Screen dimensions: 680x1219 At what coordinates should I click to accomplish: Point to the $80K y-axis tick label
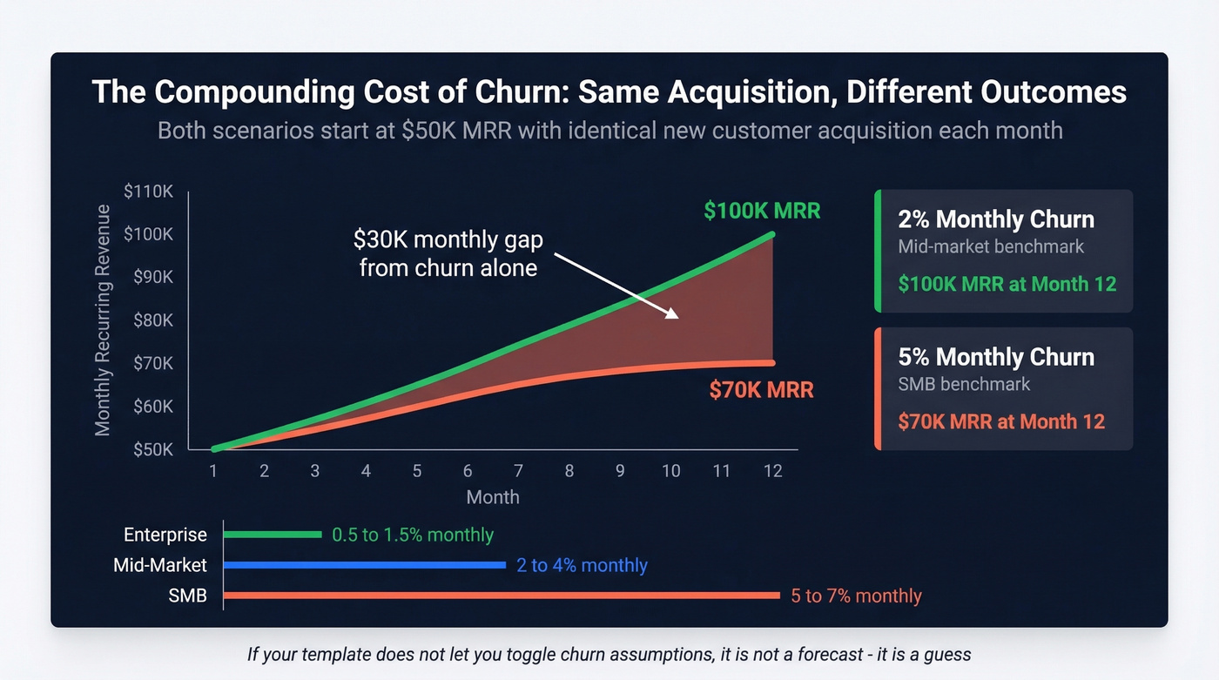click(x=153, y=320)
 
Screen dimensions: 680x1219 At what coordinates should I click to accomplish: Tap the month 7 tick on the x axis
click(x=518, y=471)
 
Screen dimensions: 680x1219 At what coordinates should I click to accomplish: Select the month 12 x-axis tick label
click(x=772, y=471)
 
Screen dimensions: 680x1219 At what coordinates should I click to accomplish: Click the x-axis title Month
click(x=493, y=497)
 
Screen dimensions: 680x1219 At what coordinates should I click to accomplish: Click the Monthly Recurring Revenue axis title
click(x=104, y=320)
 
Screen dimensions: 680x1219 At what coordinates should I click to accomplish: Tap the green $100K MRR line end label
click(x=762, y=211)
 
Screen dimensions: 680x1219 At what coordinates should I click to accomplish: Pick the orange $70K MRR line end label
click(x=761, y=390)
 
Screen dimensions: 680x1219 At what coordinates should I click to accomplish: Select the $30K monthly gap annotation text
click(x=448, y=253)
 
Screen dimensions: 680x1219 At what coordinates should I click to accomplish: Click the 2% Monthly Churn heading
click(x=996, y=219)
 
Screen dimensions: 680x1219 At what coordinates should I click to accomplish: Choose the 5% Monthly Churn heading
click(x=996, y=357)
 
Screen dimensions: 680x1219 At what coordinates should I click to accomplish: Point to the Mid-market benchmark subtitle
click(x=991, y=246)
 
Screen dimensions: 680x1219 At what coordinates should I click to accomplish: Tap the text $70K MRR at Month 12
click(x=1001, y=422)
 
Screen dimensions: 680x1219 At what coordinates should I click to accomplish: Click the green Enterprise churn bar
click(x=273, y=535)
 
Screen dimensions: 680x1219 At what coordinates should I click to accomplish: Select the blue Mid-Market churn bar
click(x=364, y=565)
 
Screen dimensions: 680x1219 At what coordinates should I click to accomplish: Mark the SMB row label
click(x=187, y=596)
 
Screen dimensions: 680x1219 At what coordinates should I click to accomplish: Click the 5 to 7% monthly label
click(x=856, y=596)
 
